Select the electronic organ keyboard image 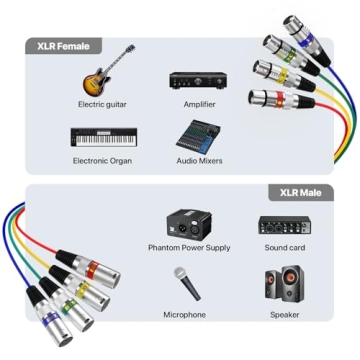(102, 137)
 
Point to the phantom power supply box (189, 225)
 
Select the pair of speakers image (284, 287)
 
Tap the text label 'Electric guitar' (102, 104)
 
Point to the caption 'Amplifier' (199, 104)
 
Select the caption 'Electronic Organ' (102, 160)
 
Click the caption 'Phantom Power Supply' (189, 248)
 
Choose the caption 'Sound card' (284, 248)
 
